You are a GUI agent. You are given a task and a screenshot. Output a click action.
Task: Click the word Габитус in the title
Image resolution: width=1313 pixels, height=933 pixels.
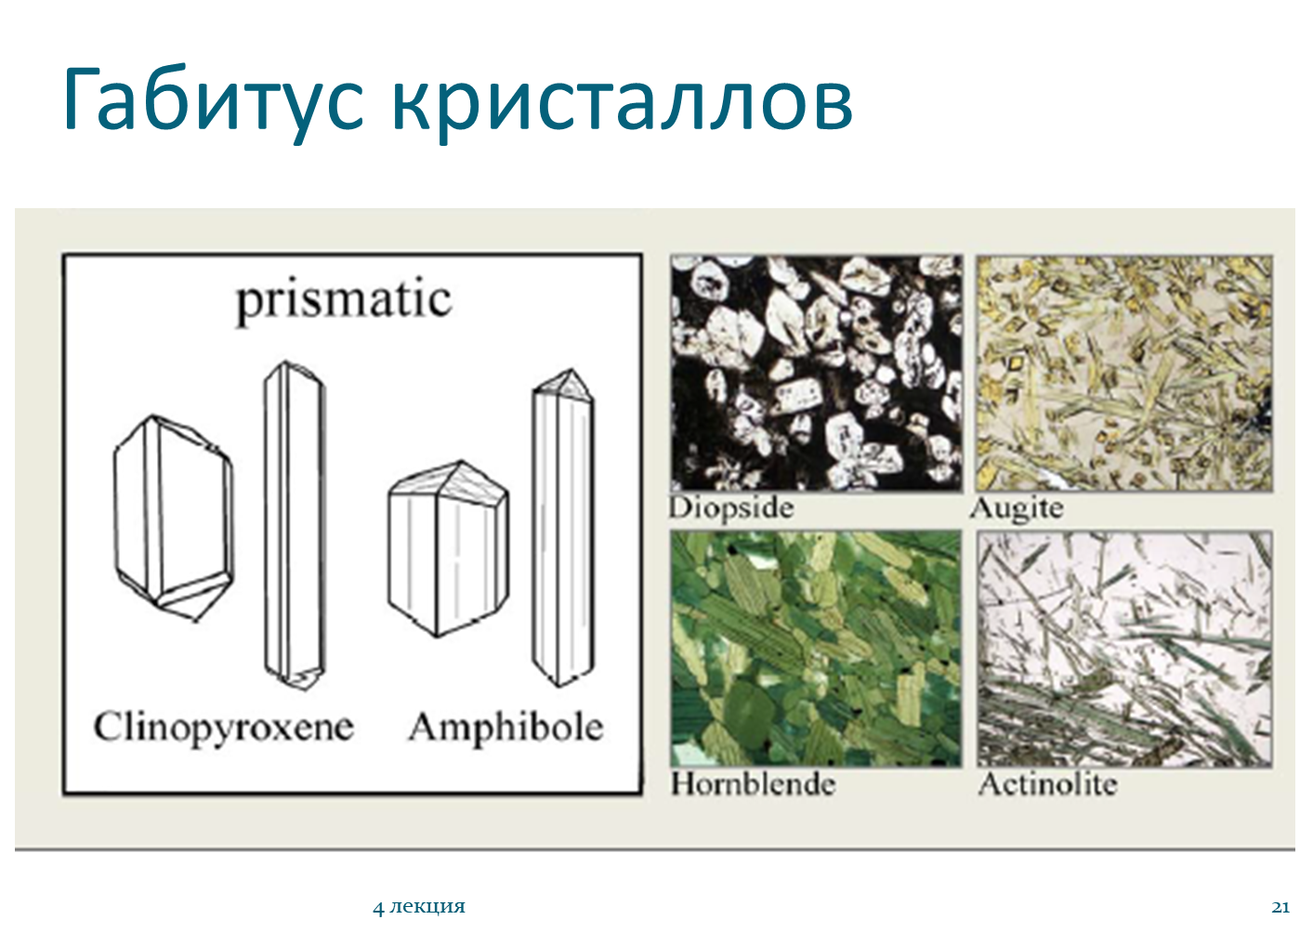point(213,100)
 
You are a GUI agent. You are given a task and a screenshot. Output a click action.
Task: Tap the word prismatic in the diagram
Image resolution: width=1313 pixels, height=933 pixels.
point(344,303)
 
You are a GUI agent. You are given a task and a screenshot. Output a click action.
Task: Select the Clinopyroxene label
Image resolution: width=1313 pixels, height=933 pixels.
point(223,729)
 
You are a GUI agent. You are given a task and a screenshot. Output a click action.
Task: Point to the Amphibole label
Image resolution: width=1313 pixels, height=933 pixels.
point(506,729)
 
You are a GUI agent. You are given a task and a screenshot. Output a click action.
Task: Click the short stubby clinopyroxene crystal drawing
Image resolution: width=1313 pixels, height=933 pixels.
point(174,518)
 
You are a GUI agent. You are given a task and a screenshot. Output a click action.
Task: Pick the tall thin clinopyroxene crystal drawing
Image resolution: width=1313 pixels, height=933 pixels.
point(295,525)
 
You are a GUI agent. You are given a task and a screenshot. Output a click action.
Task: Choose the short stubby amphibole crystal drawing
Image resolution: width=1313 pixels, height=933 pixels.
point(449,548)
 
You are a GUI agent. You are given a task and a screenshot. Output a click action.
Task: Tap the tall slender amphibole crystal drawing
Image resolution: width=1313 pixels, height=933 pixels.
point(563,528)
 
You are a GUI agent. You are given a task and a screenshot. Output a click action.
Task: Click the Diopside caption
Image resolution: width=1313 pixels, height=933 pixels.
point(731,507)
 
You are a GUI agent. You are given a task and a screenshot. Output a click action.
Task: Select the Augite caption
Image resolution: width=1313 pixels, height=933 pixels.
point(1016,508)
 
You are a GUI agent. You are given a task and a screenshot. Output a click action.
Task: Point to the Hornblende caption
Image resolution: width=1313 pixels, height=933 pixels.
point(754,783)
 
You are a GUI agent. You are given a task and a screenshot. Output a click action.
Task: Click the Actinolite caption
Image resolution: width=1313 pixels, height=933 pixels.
point(1047,783)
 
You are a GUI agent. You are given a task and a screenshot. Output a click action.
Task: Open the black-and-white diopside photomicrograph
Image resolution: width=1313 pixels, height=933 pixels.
point(817,373)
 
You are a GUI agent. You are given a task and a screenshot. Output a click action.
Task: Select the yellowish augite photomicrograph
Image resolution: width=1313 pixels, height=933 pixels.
point(1124,373)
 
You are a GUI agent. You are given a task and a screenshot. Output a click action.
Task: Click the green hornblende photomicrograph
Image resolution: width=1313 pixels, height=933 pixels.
point(817,649)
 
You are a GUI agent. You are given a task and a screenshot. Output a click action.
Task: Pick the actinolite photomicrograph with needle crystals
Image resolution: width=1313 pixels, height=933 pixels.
point(1125,649)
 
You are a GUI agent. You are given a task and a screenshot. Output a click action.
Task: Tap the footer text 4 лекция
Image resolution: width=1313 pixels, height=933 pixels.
point(419,907)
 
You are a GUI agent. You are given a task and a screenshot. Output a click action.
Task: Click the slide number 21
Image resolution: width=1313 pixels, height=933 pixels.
point(1280,907)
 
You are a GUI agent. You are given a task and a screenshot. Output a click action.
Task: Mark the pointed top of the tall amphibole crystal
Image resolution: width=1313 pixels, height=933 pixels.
point(570,369)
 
